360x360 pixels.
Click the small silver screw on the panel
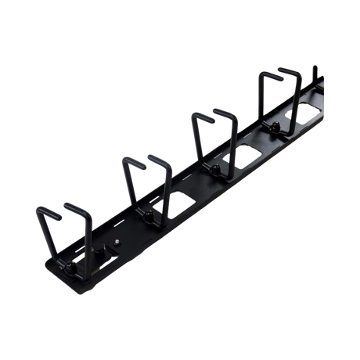coord(117,243)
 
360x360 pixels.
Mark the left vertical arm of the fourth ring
coord(261,102)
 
